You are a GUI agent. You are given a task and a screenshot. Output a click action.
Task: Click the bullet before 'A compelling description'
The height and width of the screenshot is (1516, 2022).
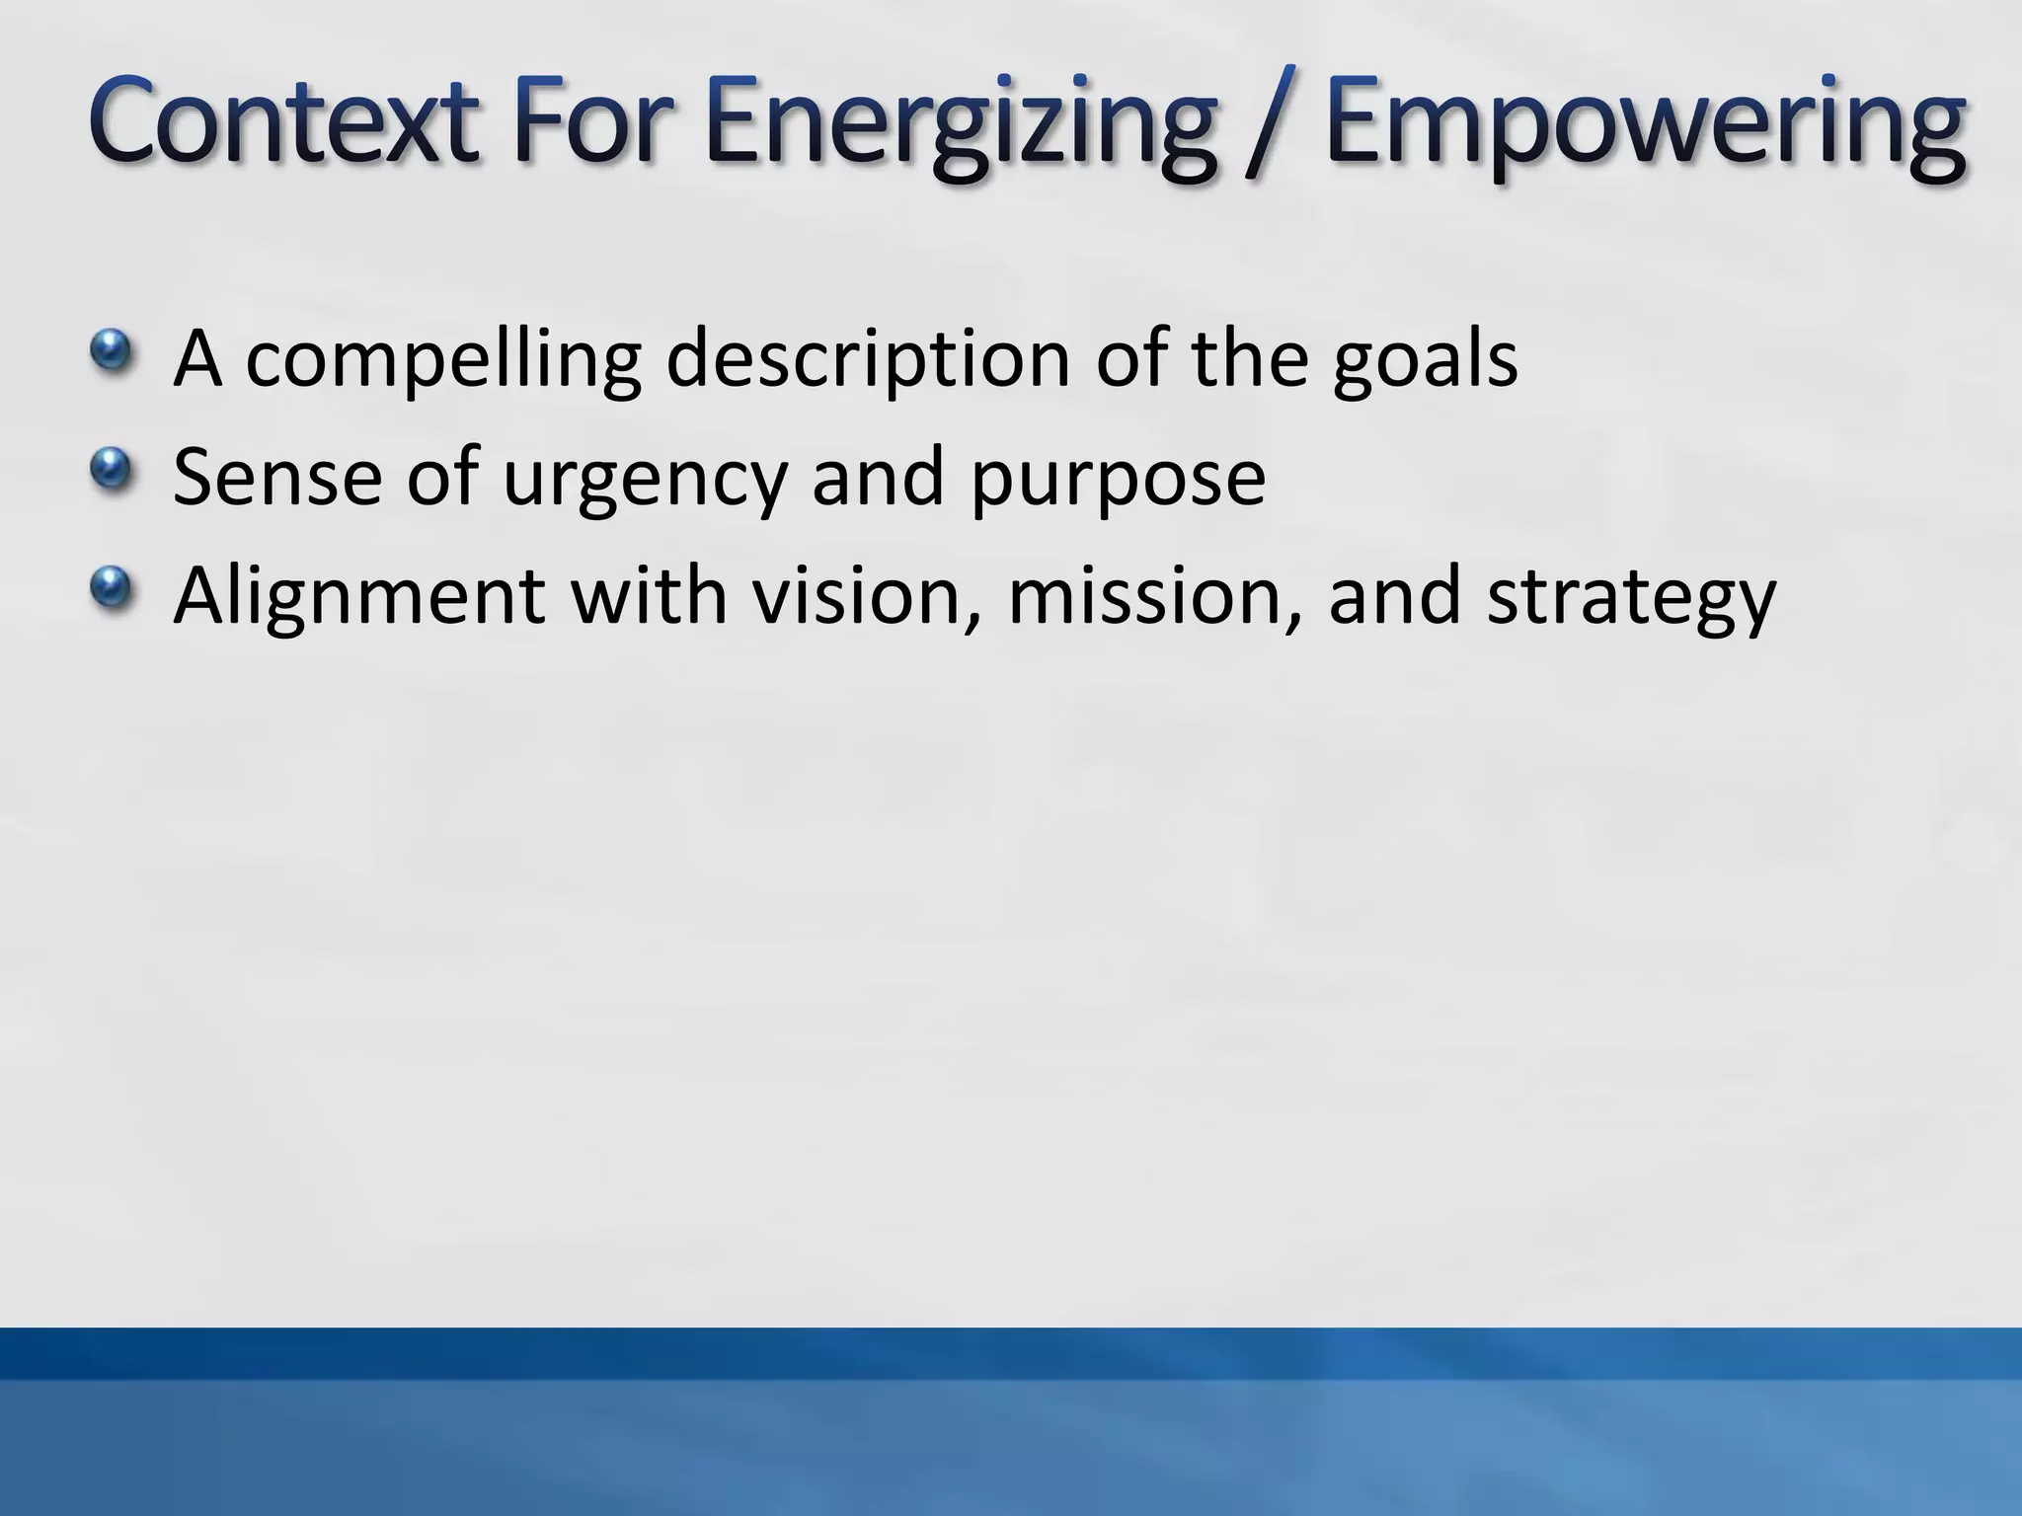click(110, 349)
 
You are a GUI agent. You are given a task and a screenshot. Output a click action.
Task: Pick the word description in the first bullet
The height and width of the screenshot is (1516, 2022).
click(869, 360)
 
